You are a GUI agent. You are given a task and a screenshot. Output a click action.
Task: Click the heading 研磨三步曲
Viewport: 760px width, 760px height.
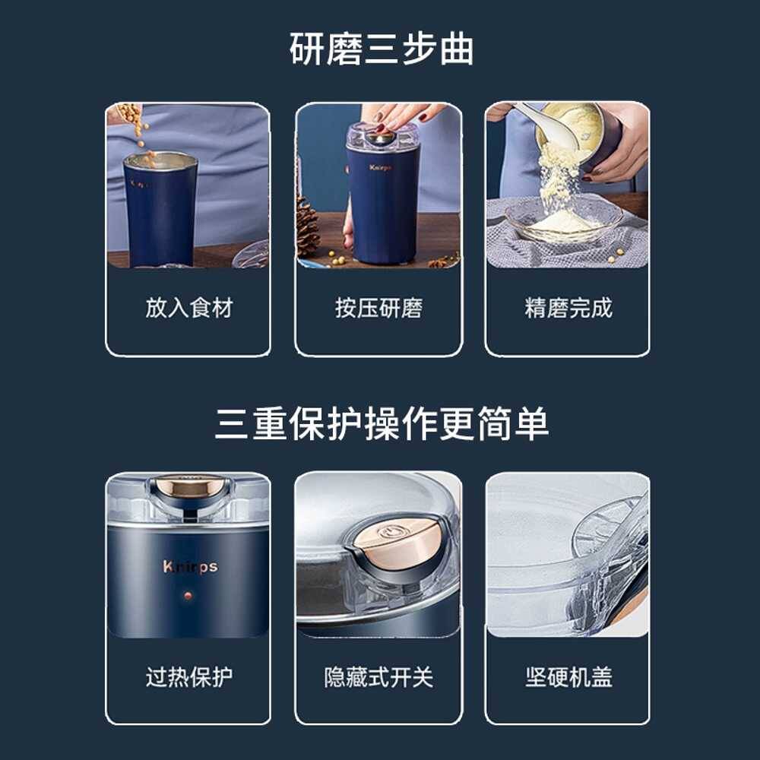[x=381, y=49]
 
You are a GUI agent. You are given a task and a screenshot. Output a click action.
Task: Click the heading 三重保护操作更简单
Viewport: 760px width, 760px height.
[x=382, y=423]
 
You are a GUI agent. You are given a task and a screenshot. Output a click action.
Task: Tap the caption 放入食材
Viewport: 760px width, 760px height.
[x=189, y=308]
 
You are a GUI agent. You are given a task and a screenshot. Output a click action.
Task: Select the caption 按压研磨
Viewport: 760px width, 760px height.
[x=378, y=308]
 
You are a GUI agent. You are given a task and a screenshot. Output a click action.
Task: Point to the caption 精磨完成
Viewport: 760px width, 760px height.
[x=568, y=308]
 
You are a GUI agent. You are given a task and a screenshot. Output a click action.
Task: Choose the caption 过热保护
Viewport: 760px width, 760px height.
[x=189, y=676]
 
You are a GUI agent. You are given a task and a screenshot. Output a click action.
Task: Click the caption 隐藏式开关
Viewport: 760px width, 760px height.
[x=378, y=676]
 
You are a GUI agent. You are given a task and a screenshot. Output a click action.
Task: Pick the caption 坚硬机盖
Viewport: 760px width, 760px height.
[x=568, y=676]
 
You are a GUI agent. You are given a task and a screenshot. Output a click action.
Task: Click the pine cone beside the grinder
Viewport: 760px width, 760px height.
[x=307, y=226]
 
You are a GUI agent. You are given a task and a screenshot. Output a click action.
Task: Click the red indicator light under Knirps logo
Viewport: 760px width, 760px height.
[x=188, y=595]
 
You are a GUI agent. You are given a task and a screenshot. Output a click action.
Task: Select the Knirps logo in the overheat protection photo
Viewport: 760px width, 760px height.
[x=190, y=566]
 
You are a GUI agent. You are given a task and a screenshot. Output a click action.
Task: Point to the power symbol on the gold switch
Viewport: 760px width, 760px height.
[x=388, y=533]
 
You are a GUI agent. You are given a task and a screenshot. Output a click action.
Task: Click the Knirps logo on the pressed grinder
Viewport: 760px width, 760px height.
[x=380, y=168]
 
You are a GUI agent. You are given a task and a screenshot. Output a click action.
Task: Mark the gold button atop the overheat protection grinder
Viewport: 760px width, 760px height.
[x=188, y=486]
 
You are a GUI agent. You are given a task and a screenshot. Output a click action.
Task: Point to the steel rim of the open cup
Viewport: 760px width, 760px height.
[x=160, y=160]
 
